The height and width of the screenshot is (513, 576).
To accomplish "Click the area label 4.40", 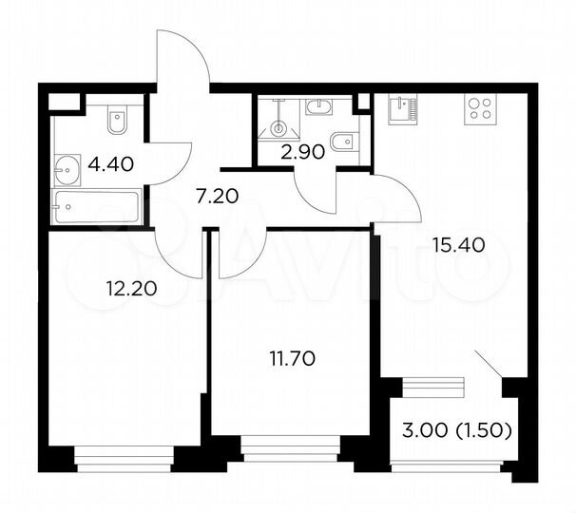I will [111, 164].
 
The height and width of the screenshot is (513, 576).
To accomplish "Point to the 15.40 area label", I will [458, 244].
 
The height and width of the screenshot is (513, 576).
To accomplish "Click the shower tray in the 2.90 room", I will [279, 121].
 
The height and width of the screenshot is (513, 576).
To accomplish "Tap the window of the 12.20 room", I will [123, 464].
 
